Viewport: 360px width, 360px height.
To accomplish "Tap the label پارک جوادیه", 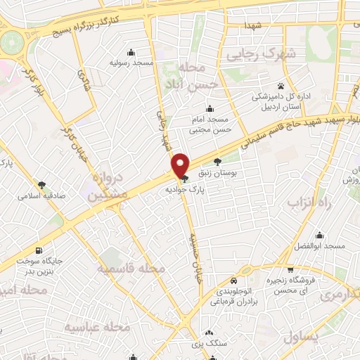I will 184,189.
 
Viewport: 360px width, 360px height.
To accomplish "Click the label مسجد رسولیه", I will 131,63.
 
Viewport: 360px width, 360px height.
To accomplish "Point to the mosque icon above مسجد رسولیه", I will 131,52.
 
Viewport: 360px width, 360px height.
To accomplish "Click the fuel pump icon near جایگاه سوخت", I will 37,251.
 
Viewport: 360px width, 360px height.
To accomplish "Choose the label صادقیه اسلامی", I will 44,197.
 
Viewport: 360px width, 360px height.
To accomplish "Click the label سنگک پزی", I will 210,344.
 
